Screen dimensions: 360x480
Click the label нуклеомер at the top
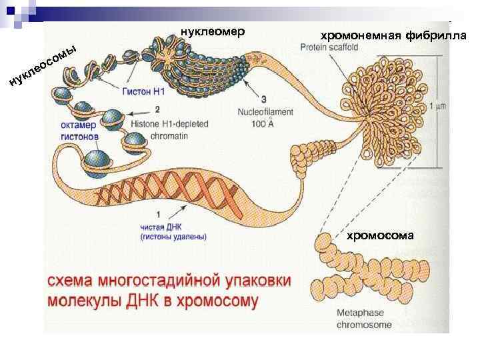pos(213,31)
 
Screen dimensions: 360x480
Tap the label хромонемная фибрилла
pos(393,35)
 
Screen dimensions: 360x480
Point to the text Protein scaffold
pos(329,47)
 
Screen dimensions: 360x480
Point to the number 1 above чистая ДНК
pos(157,214)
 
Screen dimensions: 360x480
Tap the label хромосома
pos(379,235)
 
